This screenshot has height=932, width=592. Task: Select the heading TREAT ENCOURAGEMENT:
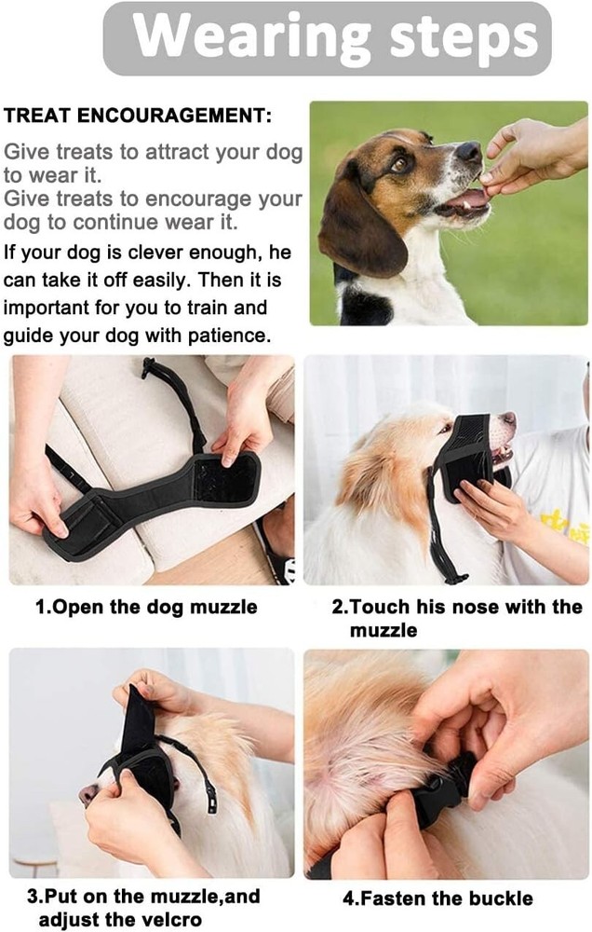coord(138,116)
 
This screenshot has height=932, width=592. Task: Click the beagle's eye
coord(401,163)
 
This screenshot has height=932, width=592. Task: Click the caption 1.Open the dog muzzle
coord(146,608)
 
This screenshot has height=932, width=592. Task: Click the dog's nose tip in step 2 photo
coord(509,422)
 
